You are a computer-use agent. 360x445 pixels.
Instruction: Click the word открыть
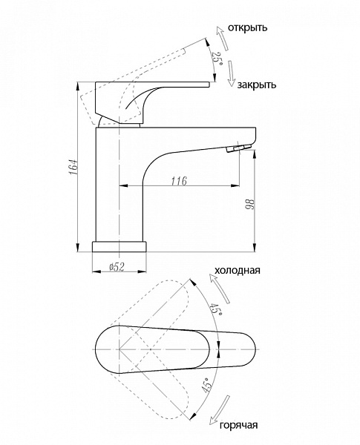247,28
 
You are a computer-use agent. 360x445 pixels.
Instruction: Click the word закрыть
257,85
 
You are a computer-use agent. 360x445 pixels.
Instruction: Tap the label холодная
238,270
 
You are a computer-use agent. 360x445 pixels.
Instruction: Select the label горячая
239,425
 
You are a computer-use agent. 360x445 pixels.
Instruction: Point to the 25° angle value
217,59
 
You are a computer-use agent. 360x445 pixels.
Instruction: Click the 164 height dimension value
74,167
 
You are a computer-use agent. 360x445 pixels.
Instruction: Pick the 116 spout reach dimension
179,181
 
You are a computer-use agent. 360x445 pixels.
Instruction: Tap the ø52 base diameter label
117,267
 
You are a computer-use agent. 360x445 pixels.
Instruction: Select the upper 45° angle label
216,310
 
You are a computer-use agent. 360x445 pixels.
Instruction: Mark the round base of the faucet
120,246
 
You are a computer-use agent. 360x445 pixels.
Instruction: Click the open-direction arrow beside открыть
223,39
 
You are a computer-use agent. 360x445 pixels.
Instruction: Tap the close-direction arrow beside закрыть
232,73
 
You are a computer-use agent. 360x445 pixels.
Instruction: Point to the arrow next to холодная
220,288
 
